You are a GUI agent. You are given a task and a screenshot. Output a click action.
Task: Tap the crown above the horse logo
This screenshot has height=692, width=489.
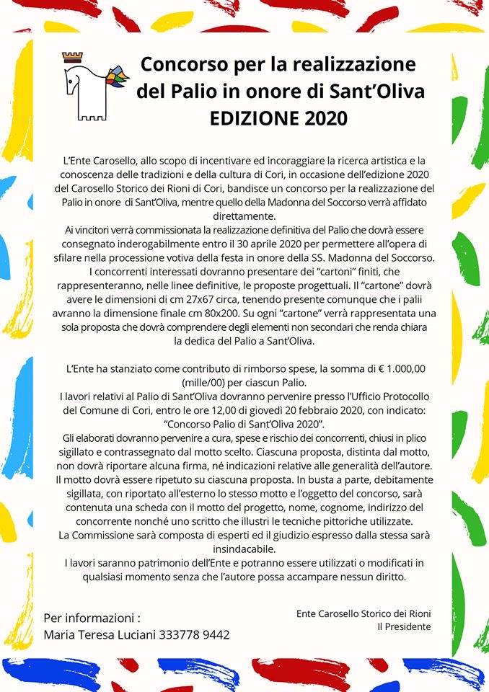73,56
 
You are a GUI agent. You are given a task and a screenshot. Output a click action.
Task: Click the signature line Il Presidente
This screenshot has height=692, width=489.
404,626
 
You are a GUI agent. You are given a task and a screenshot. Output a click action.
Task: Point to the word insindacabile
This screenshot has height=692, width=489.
245,549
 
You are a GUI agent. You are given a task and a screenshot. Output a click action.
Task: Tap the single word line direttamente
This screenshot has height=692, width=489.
245,216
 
